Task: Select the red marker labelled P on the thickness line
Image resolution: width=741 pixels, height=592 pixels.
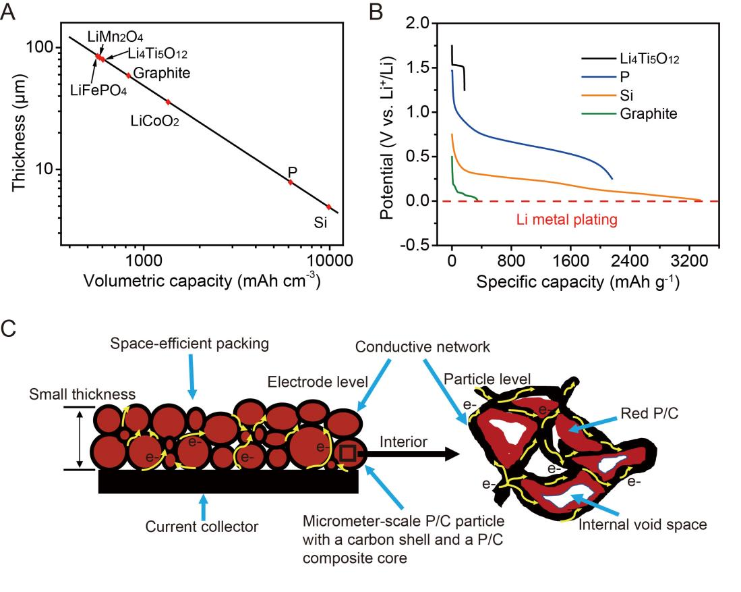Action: tap(291, 182)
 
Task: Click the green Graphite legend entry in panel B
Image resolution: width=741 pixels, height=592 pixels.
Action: tap(648, 113)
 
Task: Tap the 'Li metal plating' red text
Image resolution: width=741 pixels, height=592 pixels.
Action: tap(567, 219)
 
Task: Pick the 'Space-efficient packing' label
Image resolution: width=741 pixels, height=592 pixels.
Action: tap(191, 344)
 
